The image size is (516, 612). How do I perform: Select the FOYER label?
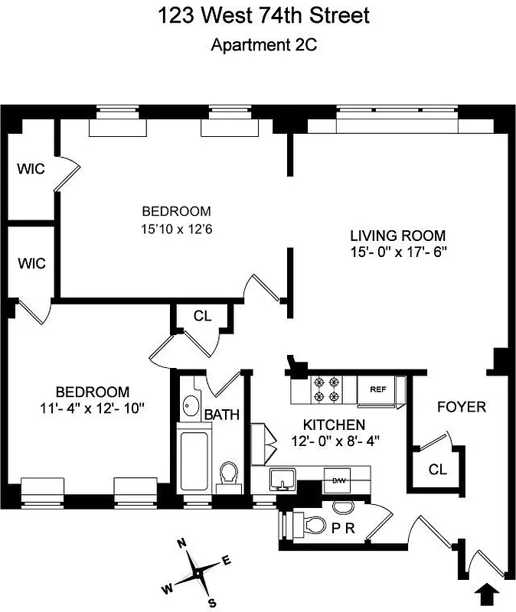(x=461, y=407)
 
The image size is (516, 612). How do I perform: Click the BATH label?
(x=222, y=415)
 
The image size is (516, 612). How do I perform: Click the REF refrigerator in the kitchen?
(x=377, y=389)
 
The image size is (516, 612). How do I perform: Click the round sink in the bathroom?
(x=189, y=405)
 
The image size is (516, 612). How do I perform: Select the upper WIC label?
(x=31, y=168)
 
